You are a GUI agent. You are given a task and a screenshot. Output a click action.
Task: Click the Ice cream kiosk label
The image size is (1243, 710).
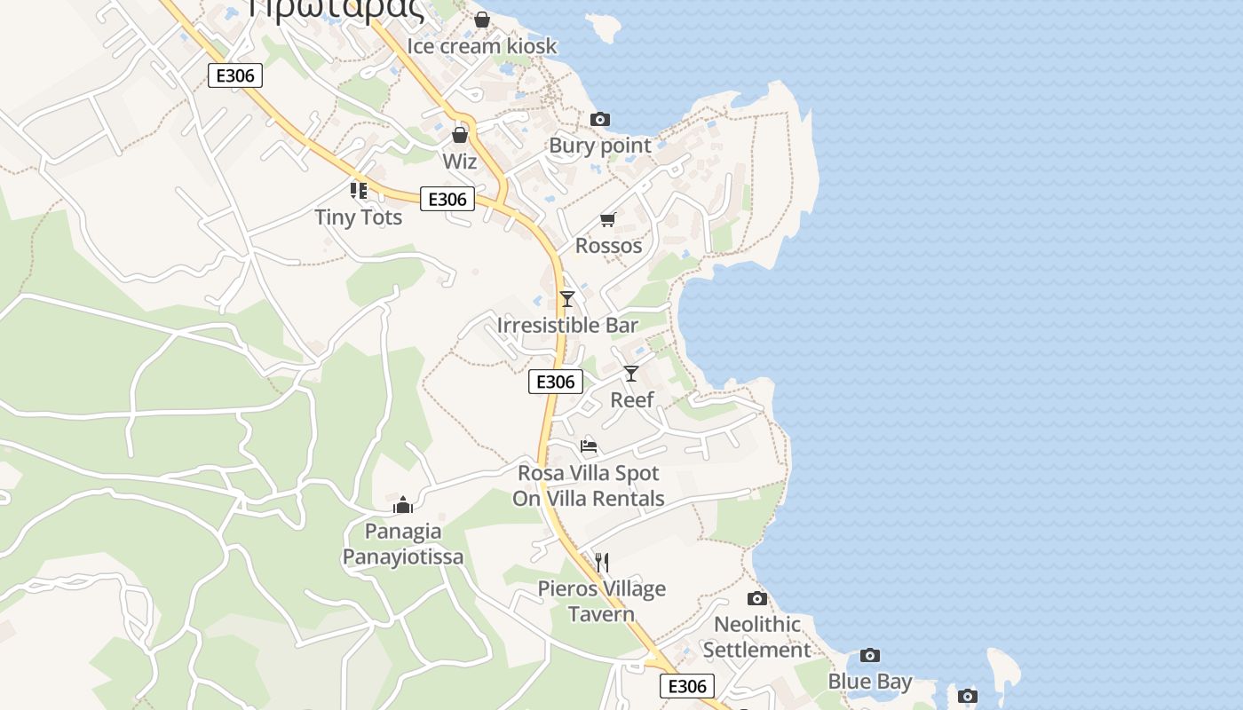coord(481,46)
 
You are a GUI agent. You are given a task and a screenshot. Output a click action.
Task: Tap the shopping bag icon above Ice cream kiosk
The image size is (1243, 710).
coord(482,19)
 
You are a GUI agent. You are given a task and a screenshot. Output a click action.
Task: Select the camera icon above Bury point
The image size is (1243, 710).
coord(600,119)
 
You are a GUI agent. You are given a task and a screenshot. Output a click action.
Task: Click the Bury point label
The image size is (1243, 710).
coord(600,146)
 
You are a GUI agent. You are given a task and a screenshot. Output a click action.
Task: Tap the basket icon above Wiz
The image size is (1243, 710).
coord(460,135)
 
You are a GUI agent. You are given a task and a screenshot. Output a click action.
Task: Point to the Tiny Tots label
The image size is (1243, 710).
coord(359,217)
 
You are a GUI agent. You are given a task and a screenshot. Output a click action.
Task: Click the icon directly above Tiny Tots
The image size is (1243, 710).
coord(359,190)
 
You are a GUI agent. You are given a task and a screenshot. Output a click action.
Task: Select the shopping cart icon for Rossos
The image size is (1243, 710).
coord(608,219)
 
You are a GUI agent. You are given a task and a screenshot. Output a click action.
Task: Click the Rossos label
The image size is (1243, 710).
coord(608,246)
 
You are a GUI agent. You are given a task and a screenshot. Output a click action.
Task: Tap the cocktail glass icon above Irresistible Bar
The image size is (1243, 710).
coord(567,299)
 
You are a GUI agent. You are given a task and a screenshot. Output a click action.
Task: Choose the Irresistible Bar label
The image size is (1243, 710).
coord(567,326)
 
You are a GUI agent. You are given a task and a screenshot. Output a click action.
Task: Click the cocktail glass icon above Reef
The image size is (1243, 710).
coord(631,374)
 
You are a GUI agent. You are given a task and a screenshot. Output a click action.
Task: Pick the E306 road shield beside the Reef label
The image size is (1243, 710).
coord(556,382)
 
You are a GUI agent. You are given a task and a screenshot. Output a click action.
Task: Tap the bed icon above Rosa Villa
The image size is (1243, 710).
coord(589,446)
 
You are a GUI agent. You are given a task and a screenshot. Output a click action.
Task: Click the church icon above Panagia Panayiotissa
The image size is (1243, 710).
coord(403,505)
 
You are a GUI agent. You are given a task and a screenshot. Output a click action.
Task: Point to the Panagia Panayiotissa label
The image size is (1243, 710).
coord(403,544)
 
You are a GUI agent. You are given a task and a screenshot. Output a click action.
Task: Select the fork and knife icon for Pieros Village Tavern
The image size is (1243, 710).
coord(602,562)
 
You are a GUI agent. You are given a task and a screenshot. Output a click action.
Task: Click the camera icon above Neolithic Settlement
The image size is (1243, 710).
coord(757,598)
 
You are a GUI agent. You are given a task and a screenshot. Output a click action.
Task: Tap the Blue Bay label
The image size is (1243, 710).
coord(870,682)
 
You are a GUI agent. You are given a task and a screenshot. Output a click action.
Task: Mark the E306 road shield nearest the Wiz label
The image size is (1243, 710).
coord(447,199)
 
